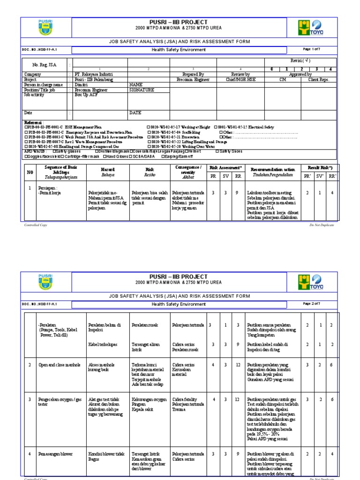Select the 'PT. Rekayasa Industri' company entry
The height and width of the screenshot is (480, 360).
(x=94, y=75)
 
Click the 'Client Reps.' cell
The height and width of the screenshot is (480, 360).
(x=319, y=80)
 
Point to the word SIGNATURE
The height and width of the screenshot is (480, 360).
(x=142, y=90)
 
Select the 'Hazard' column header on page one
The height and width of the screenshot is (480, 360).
(x=108, y=169)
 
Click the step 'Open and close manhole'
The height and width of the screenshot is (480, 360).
(x=59, y=365)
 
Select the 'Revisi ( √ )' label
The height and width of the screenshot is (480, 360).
(x=300, y=61)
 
